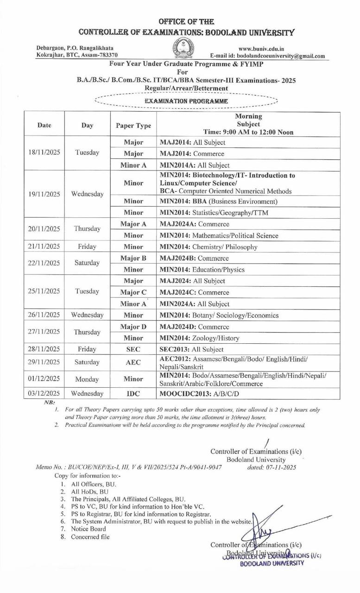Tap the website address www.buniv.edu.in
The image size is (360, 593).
pos(261,48)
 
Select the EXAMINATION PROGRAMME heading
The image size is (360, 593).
pos(186,101)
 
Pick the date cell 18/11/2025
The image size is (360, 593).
pos(44,153)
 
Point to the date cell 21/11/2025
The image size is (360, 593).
pos(44,247)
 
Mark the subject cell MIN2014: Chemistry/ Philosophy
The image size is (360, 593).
pos(208,247)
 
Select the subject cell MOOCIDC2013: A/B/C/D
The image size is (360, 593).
pos(199,394)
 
